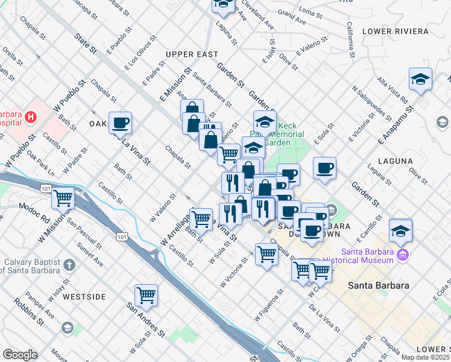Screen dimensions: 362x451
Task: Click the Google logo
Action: (x=20, y=355)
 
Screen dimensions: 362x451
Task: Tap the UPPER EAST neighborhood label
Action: (x=192, y=54)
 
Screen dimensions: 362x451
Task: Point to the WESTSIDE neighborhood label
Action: (x=84, y=297)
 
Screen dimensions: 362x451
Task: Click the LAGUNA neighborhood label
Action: (x=396, y=161)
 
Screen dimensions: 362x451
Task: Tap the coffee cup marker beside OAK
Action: (x=120, y=122)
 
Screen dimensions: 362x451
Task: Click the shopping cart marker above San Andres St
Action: (x=146, y=294)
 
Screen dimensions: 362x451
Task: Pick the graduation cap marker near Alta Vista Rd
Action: (x=420, y=78)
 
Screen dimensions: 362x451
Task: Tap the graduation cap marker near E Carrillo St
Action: (x=400, y=230)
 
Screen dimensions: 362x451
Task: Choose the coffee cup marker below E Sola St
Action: (x=325, y=168)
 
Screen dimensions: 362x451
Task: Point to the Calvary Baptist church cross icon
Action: (x=70, y=264)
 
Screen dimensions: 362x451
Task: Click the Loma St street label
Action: (x=311, y=12)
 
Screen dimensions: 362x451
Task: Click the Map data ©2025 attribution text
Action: (x=425, y=357)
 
